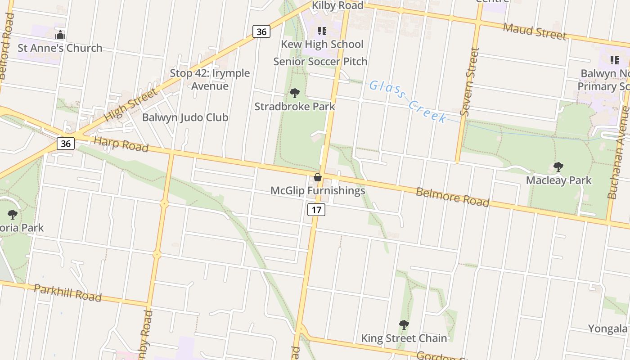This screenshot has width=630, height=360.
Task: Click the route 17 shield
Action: pos(316,209)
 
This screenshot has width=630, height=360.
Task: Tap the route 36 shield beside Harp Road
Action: pos(66,144)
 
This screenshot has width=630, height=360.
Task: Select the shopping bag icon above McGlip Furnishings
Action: pos(318,177)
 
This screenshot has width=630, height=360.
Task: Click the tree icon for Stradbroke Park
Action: pos(295,93)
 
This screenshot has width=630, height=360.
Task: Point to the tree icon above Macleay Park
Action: pos(558,167)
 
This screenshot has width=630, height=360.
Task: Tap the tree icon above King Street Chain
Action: pos(404,324)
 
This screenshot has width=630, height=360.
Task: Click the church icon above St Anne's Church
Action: pos(60,35)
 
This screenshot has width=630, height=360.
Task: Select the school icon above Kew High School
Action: pos(322,31)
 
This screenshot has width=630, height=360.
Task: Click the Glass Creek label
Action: pos(408,102)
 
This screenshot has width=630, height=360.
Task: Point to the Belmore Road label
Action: pos(452,197)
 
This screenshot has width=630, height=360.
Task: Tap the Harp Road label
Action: pos(121,143)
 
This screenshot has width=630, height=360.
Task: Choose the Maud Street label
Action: pos(534,31)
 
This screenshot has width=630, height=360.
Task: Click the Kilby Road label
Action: pos(338,6)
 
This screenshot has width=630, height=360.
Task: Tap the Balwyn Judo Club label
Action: pos(185,117)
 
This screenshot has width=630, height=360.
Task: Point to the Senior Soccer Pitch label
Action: pos(320,61)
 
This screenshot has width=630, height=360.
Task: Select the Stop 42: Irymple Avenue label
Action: pos(210,79)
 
